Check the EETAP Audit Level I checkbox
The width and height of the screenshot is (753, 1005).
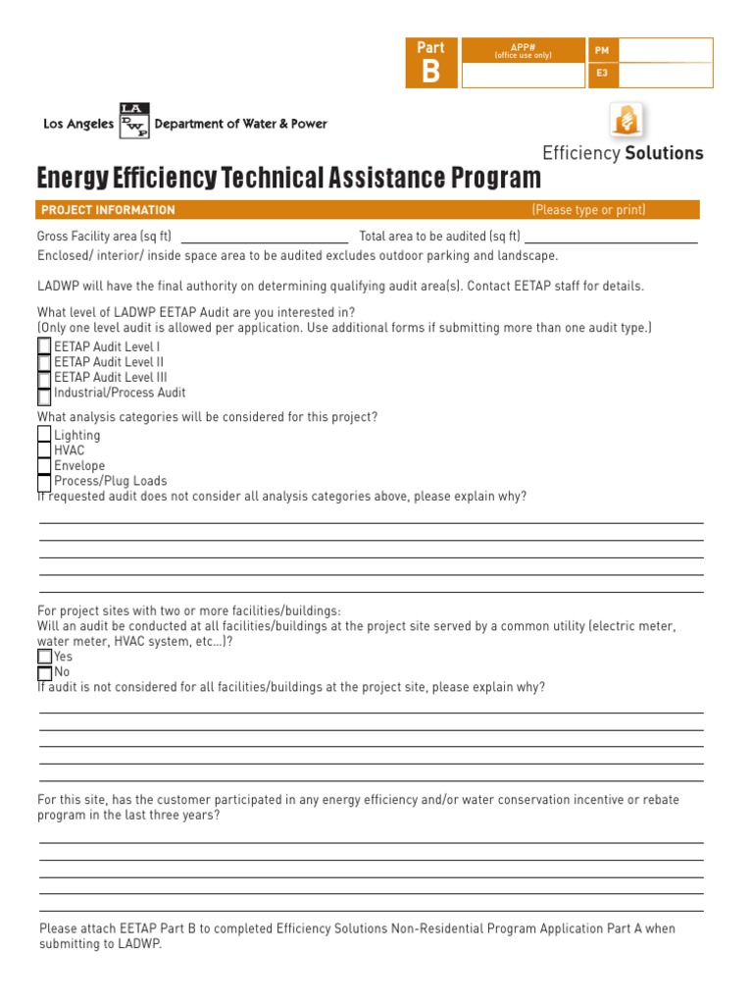tap(44, 346)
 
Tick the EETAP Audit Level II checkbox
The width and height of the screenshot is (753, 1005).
tap(44, 362)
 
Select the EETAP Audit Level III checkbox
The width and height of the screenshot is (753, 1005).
tap(44, 378)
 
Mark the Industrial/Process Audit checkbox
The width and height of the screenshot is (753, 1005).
tap(44, 395)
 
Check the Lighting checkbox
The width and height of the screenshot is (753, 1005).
tap(44, 434)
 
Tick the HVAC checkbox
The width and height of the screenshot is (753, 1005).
tap(44, 450)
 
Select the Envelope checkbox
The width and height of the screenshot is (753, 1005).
tap(44, 466)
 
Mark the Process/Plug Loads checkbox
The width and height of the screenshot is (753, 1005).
tap(44, 482)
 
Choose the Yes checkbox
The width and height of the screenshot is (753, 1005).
tap(44, 657)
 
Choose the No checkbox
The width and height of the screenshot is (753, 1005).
tap(44, 673)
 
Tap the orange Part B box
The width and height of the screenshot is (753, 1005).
tap(431, 63)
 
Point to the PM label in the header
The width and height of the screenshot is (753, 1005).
tap(601, 50)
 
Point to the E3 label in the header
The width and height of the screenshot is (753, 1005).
tap(601, 74)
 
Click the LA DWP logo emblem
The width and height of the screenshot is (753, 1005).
tap(134, 121)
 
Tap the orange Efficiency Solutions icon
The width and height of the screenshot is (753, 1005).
tap(627, 121)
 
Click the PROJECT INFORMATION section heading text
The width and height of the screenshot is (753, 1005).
tap(108, 210)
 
